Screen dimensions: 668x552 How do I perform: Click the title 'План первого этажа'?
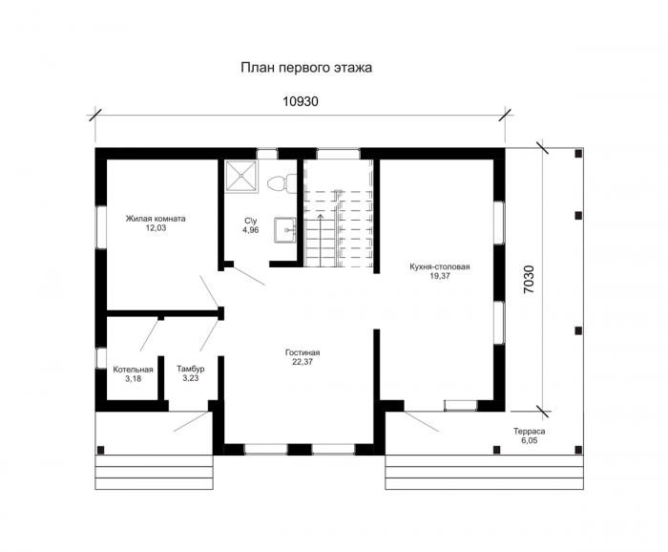point(306,68)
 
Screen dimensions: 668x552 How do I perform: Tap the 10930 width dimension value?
point(301,101)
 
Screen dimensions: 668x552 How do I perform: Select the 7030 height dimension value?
point(529,280)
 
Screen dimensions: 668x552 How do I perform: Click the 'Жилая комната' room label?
point(156,219)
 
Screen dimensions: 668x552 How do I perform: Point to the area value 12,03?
point(156,228)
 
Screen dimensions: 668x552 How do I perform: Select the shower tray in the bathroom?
point(241,176)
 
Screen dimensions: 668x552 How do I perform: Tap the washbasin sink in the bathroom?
point(284,230)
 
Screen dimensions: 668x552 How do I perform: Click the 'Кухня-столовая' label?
point(440,266)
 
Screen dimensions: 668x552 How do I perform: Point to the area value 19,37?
point(440,276)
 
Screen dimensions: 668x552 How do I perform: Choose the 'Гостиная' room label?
point(303,353)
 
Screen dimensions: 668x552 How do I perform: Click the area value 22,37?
point(303,362)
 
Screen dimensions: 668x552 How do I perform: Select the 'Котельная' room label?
point(133,370)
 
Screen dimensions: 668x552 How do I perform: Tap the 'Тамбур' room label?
point(191,370)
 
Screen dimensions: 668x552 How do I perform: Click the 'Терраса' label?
point(529,432)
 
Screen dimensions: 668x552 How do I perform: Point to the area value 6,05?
point(529,441)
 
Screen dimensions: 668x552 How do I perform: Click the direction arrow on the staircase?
point(321,241)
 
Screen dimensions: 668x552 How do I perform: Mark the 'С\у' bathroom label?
point(251,221)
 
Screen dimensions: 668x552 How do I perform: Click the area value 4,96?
point(251,230)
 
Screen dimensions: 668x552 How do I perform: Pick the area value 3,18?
point(134,378)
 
